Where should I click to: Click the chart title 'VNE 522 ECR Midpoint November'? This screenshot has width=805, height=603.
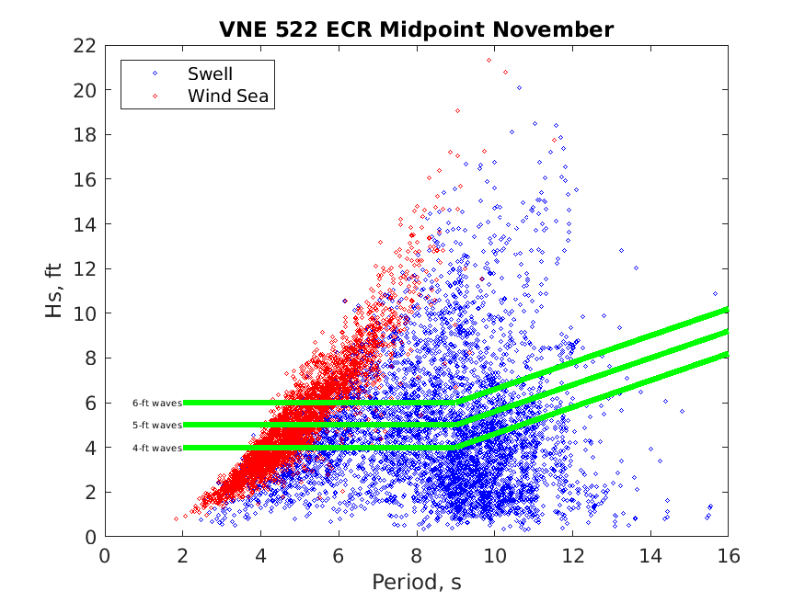pos(416,29)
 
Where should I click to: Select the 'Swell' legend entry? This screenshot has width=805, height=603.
pos(211,74)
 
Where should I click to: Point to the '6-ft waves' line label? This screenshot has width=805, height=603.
pos(156,403)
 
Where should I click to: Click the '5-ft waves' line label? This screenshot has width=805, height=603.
pos(156,425)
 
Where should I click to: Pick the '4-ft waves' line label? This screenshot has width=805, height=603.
pos(156,448)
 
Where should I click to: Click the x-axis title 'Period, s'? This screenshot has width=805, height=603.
pos(416,582)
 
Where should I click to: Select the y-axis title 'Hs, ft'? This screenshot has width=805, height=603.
pos(54,290)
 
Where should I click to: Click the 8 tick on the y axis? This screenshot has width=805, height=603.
pos(91,358)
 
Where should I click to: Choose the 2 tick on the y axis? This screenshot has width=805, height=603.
pos(91,492)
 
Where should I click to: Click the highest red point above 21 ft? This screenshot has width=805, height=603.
pos(489,60)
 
